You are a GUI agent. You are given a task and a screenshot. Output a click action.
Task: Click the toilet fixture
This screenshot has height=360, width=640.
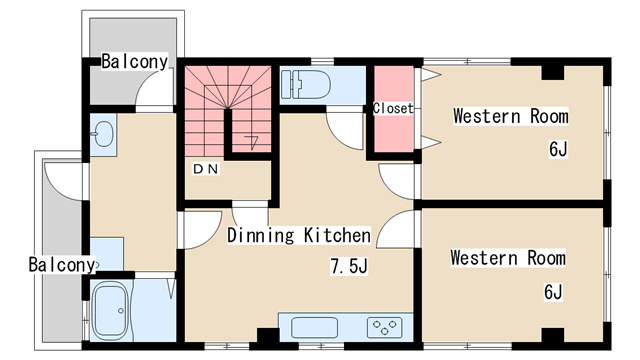(x=306, y=84)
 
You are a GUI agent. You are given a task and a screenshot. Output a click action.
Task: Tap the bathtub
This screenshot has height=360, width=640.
(x=111, y=309)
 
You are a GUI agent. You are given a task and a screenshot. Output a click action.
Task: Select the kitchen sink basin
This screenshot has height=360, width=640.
(x=314, y=327)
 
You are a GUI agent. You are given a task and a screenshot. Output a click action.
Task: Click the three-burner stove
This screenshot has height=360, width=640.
(x=384, y=327)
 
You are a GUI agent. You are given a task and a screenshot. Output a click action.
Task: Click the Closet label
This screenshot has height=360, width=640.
(x=393, y=108)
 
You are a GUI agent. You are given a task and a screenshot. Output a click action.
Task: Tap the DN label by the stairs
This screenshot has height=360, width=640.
(x=206, y=169)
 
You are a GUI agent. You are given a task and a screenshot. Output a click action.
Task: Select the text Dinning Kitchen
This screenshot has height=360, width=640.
(x=299, y=236)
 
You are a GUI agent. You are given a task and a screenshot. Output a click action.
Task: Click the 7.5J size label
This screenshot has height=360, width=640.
(x=349, y=266)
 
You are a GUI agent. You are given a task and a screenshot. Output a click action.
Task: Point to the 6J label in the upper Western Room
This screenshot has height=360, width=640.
(x=558, y=149)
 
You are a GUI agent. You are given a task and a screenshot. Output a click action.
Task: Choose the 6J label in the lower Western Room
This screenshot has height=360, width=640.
(x=553, y=292)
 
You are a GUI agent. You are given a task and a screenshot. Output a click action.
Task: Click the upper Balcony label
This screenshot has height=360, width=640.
(x=134, y=62)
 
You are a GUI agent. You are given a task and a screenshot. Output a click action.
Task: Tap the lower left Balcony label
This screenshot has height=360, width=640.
(x=62, y=264)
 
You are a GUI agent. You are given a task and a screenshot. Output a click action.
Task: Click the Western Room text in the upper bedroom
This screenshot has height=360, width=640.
(x=511, y=116)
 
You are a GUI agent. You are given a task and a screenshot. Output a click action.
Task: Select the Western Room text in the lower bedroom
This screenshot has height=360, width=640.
(x=508, y=258)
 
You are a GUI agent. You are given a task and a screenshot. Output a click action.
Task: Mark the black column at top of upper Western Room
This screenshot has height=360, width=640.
(x=553, y=72)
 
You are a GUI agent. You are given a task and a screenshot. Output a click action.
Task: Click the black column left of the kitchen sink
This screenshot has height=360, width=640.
(x=268, y=335)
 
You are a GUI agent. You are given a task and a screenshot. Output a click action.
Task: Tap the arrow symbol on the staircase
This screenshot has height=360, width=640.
(x=252, y=142)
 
